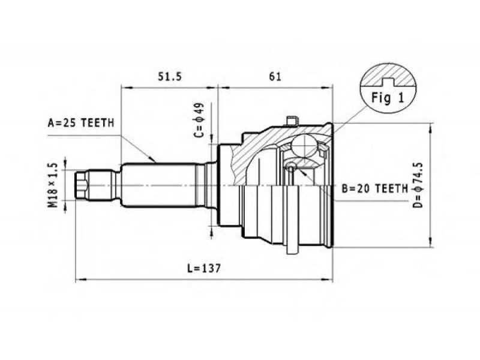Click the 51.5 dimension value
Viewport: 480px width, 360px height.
pos(170,76)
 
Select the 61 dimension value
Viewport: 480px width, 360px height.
pos(275,76)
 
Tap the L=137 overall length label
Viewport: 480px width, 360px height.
pos(204,268)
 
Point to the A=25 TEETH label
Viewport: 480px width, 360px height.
pos(81,123)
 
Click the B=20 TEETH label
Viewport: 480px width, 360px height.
pos(374,189)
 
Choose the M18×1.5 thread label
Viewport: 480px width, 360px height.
pos(53,185)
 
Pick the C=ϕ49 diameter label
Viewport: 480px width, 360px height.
pos(199,120)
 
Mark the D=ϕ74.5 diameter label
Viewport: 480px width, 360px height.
pos(418,185)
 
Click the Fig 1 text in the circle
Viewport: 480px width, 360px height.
pos(388,98)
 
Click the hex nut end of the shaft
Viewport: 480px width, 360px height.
pos(82,185)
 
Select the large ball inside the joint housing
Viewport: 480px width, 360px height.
pos(304,145)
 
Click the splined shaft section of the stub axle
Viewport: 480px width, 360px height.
pos(159,185)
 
